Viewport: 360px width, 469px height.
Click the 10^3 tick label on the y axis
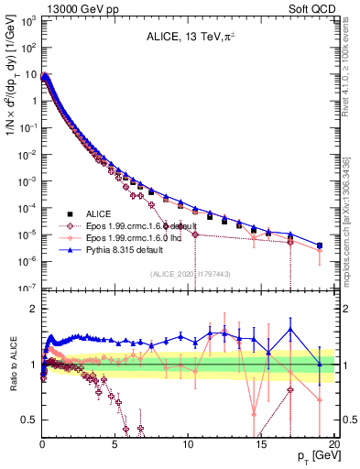pos(26,20)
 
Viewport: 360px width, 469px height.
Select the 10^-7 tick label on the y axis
pos(26,288)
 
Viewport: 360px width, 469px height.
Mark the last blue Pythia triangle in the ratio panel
pos(320,364)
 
